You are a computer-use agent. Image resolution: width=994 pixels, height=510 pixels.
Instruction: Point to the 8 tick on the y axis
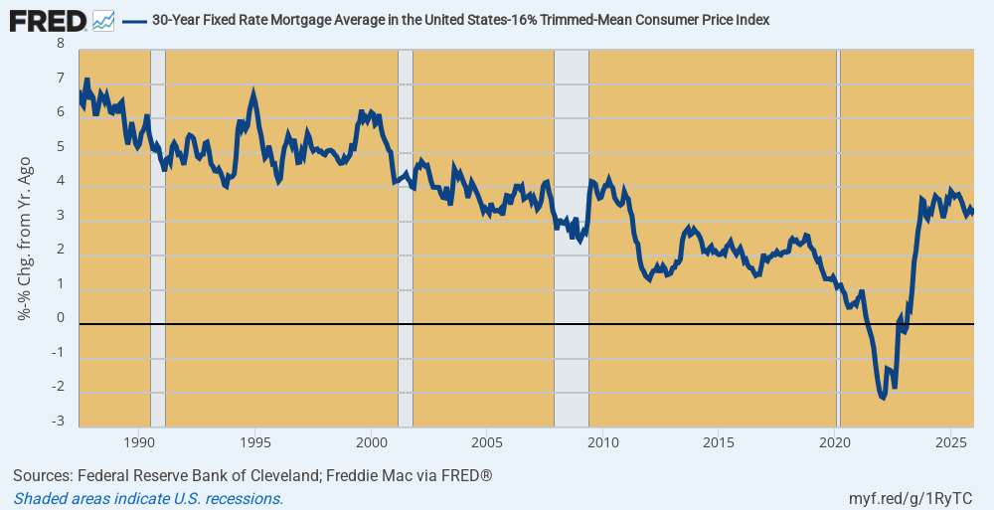coord(61,44)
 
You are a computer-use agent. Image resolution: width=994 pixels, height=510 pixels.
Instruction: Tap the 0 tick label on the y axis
coord(61,319)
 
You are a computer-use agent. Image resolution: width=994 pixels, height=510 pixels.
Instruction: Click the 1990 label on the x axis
coord(139,441)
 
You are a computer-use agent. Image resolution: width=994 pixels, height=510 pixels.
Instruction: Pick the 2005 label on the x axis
coord(486,441)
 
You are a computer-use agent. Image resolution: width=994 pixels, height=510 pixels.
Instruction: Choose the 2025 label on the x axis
coord(951,441)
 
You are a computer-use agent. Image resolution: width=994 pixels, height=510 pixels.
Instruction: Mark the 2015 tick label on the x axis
coord(719,441)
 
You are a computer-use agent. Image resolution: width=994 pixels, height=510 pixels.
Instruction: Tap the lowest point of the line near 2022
coord(883,398)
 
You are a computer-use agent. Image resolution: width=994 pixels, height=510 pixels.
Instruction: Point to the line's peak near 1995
coord(254,93)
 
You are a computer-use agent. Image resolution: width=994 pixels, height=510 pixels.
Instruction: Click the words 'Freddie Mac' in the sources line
coord(347,476)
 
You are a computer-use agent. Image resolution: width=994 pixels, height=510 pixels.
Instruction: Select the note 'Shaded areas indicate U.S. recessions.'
coord(149,498)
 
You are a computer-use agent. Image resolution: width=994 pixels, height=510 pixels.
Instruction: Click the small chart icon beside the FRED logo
coord(102,19)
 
